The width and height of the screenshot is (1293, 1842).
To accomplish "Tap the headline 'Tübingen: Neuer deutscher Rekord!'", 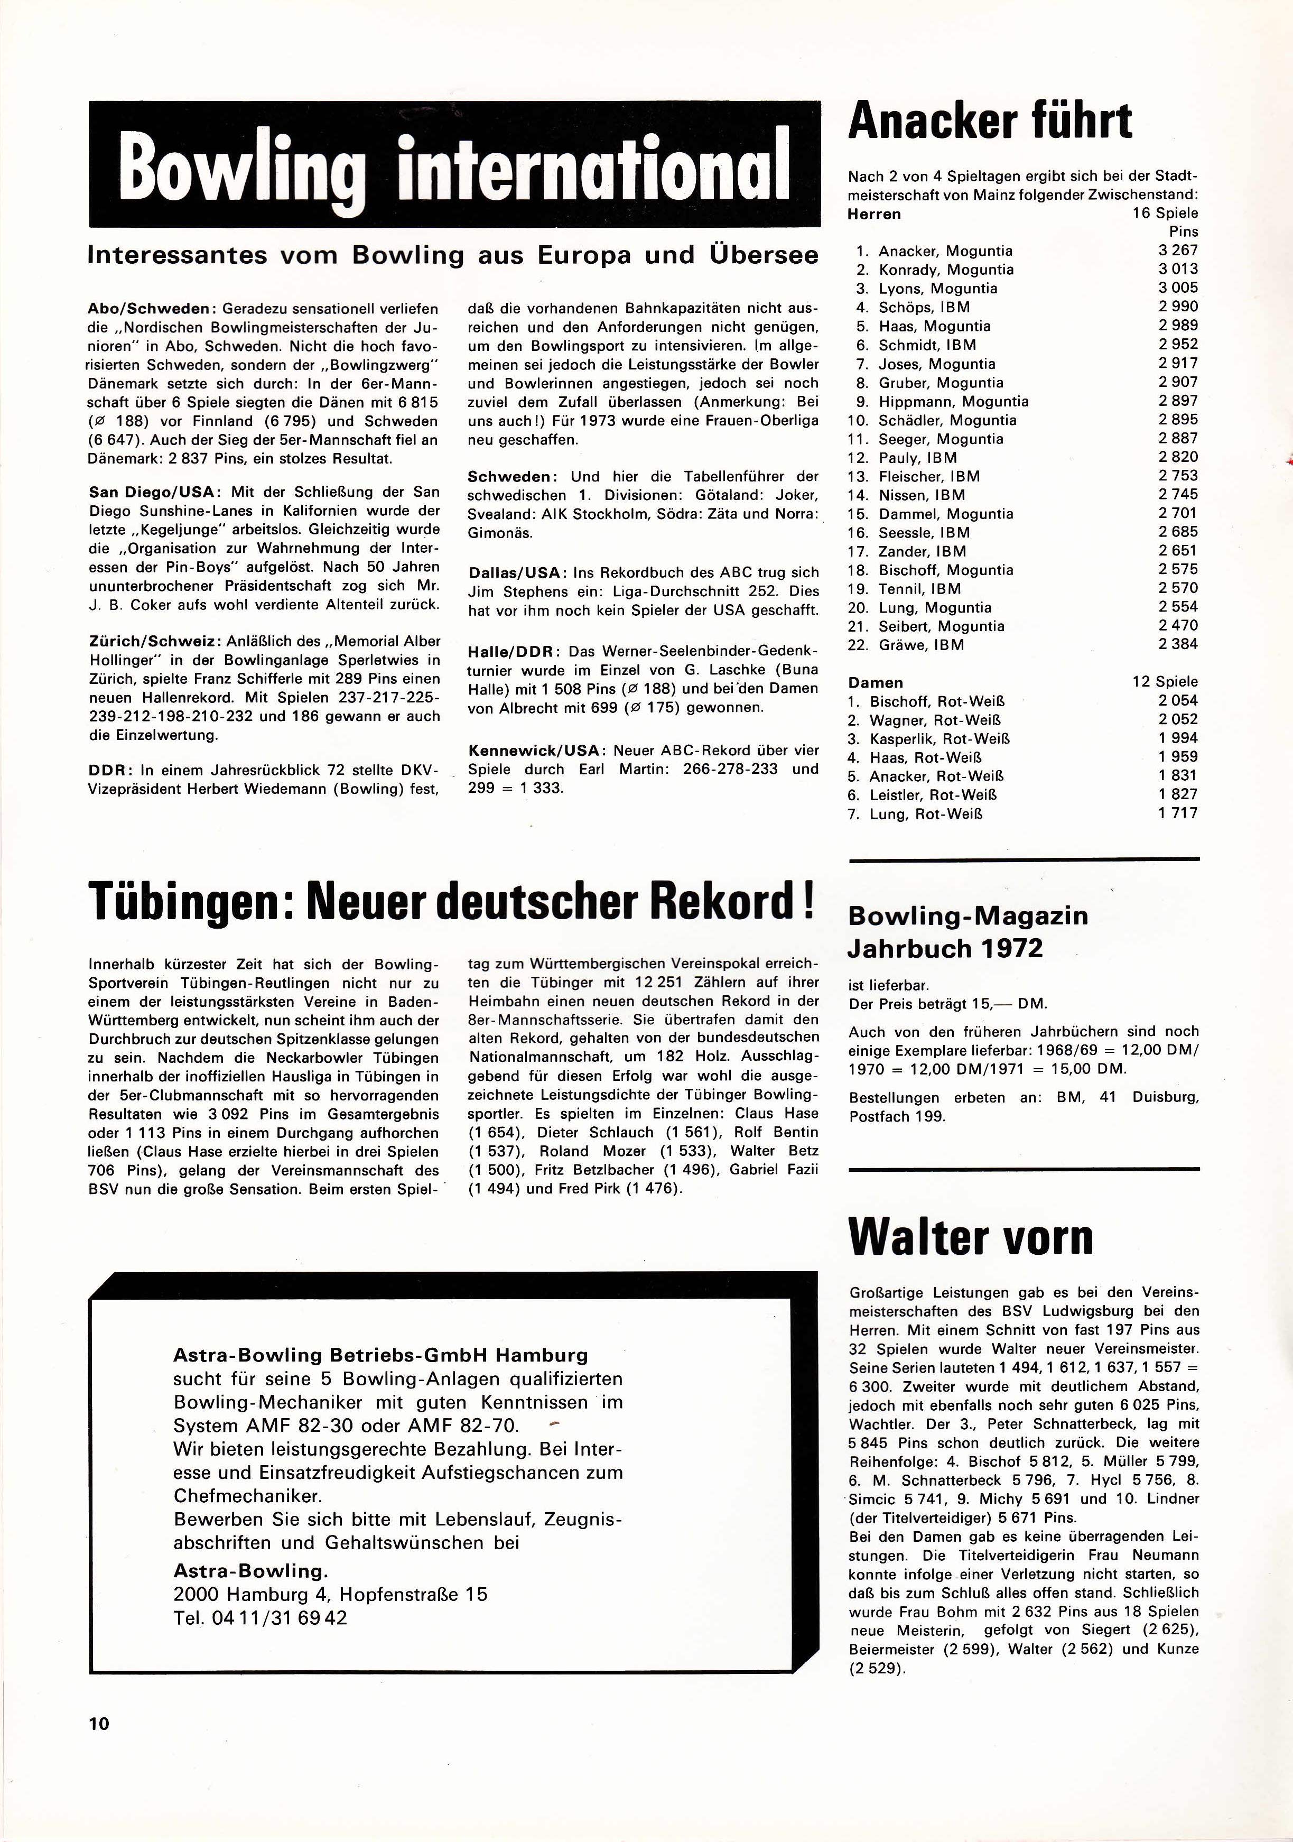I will click(452, 902).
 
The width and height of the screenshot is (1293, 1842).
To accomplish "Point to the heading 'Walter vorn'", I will click(971, 1238).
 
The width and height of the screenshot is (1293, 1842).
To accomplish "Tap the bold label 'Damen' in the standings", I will click(875, 683).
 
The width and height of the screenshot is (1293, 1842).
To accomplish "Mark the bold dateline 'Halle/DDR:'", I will click(514, 651).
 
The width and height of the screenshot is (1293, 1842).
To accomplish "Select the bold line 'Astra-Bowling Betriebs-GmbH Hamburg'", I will click(380, 1356).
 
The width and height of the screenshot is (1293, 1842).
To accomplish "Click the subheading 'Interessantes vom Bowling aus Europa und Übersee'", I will click(452, 256).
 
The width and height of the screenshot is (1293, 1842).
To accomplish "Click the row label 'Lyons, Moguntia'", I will click(938, 289).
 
